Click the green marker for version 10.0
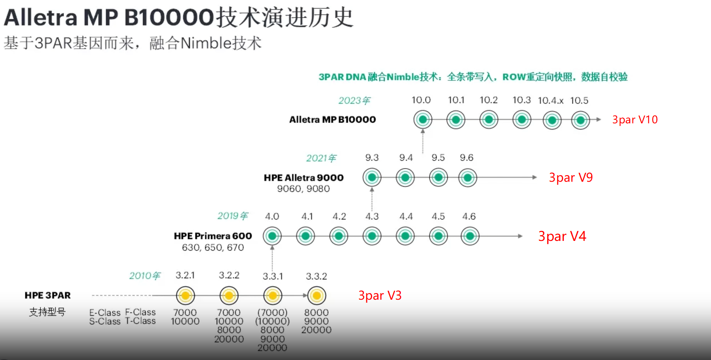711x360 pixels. (423, 119)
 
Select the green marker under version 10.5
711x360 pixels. (580, 120)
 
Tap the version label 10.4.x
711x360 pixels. (550, 101)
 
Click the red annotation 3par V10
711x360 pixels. (635, 119)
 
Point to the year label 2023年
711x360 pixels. (354, 101)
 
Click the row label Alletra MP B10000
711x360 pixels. (332, 119)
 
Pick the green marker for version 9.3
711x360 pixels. (372, 178)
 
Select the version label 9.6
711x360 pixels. (467, 158)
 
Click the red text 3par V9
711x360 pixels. (571, 178)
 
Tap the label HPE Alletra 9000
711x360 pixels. (304, 178)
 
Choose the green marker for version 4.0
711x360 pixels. (272, 236)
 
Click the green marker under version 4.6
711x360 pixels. (470, 236)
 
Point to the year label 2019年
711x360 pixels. (233, 216)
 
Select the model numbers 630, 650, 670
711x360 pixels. (213, 247)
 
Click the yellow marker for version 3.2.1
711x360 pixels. (185, 295)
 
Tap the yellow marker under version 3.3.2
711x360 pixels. (317, 295)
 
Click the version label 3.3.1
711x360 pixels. (272, 276)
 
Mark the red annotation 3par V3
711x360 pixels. (380, 295)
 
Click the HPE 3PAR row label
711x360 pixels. (48, 295)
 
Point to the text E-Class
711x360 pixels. (105, 313)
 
